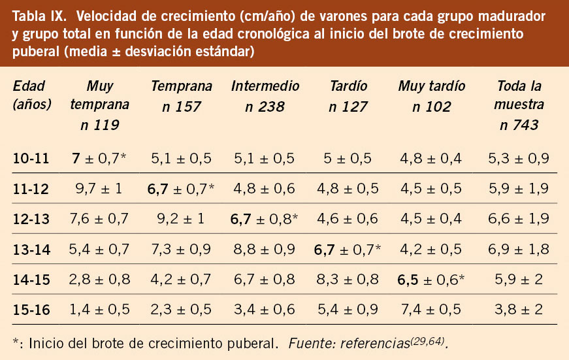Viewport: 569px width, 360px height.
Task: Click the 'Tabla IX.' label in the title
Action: click(40, 16)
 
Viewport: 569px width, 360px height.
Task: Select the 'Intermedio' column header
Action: click(265, 86)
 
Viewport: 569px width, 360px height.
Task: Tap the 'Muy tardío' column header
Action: click(431, 86)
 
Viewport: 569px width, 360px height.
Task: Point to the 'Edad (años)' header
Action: click(32, 95)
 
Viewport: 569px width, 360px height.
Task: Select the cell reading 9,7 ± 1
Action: click(100, 188)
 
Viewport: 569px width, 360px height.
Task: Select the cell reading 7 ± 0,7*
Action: click(100, 157)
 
